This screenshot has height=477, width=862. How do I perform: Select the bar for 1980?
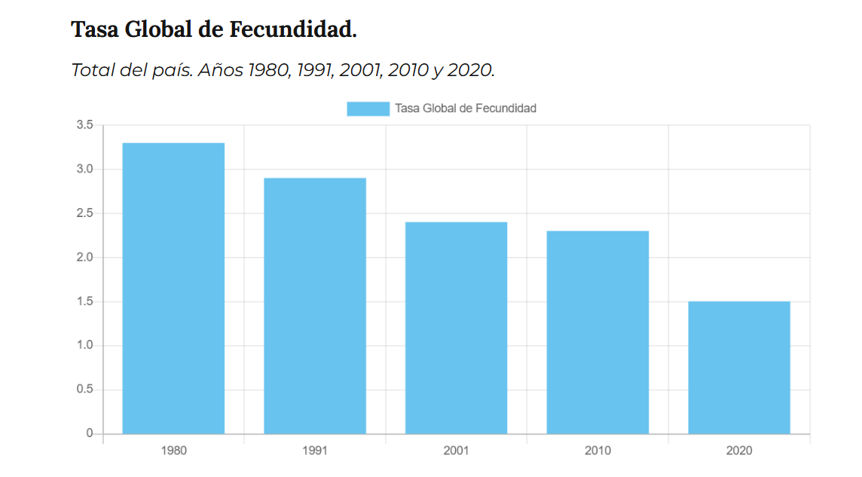pos(173,288)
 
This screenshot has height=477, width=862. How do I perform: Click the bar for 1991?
pos(315,305)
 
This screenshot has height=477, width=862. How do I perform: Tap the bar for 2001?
pos(456,328)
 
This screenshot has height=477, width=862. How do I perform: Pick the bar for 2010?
pos(598,332)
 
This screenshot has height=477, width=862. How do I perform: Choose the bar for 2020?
pos(738,367)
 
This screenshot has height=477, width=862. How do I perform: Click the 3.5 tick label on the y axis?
pos(84,125)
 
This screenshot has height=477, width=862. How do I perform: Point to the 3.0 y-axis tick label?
pos(84,169)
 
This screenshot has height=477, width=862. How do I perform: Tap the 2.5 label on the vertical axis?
pos(84,213)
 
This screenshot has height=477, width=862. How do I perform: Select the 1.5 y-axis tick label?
pos(84,301)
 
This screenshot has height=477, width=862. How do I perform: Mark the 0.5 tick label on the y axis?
pos(84,390)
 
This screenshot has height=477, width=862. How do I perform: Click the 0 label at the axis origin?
pos(89,433)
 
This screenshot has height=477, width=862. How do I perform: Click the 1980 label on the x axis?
pos(173,451)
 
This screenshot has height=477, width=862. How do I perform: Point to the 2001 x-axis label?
pos(456,451)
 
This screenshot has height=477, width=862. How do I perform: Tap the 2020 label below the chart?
pos(738,451)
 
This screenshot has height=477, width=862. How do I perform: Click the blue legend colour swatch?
pos(368,109)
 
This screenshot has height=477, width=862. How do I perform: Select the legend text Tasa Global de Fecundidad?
pos(466,109)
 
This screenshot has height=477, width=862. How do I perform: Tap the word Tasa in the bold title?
pos(94,30)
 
